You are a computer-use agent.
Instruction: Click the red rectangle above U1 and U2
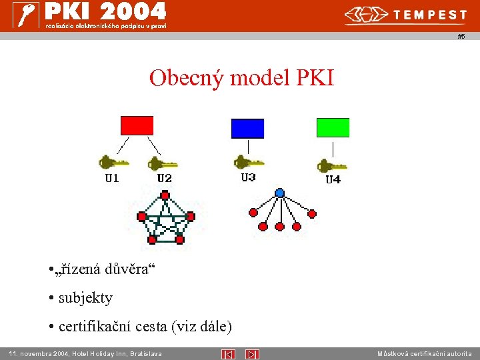137,125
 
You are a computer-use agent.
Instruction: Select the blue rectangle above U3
247,128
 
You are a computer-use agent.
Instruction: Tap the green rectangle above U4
333,127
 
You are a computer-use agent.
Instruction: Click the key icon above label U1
113,162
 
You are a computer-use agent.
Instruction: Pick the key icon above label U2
163,163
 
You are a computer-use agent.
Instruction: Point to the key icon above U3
248,162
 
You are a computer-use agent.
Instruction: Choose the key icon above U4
331,165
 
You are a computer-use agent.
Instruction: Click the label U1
112,178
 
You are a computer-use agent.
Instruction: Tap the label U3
248,177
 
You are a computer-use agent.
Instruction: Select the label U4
333,180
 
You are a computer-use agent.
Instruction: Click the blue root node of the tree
280,193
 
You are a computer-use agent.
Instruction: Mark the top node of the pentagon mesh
165,196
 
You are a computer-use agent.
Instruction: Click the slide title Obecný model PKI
241,78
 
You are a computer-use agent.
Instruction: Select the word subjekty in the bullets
85,298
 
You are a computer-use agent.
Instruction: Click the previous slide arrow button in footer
228,354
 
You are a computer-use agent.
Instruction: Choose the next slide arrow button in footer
252,354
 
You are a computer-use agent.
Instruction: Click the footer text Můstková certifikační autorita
424,354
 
